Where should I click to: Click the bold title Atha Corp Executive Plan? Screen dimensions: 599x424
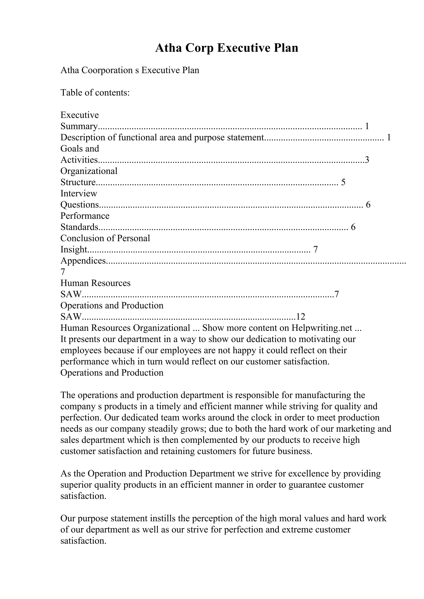[226, 48]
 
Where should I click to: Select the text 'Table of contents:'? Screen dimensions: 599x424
[95, 93]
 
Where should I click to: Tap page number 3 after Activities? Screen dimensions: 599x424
[367, 160]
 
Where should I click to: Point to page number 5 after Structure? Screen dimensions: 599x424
[343, 182]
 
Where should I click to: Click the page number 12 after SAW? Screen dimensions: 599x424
[300, 317]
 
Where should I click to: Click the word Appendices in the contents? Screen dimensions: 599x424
[83, 261]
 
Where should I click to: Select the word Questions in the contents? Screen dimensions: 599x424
[80, 205]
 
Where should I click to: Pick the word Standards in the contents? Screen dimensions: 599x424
[79, 227]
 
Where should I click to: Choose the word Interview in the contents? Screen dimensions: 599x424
[79, 193]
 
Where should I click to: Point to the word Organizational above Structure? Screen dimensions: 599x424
[89, 171]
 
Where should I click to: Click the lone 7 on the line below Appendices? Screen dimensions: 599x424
[63, 272]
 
